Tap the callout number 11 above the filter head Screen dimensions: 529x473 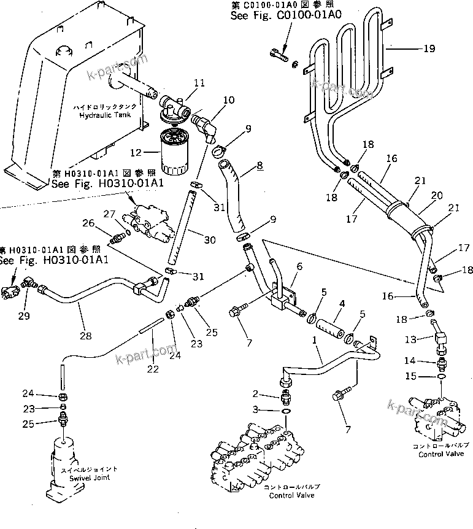pyautogui.click(x=182, y=83)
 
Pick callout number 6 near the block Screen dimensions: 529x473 pyautogui.click(x=300, y=267)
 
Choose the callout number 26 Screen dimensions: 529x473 pyautogui.click(x=88, y=222)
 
